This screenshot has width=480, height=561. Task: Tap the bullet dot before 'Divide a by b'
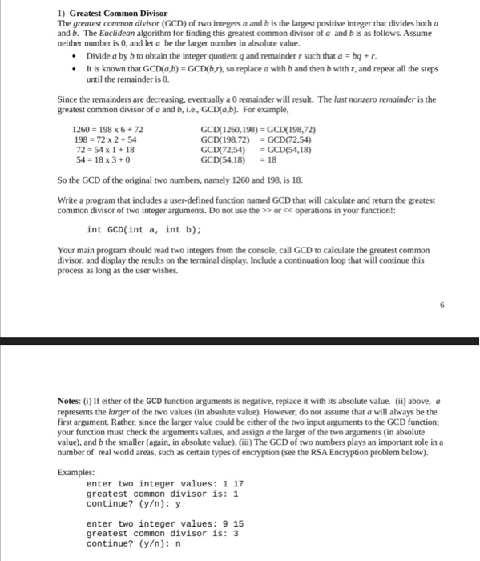[74, 58]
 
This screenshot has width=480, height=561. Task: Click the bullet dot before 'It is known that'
[74, 70]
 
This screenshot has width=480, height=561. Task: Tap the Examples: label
[76, 473]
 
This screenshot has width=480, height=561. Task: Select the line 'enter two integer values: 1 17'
[164, 483]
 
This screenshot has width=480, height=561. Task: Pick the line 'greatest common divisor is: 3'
[163, 533]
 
